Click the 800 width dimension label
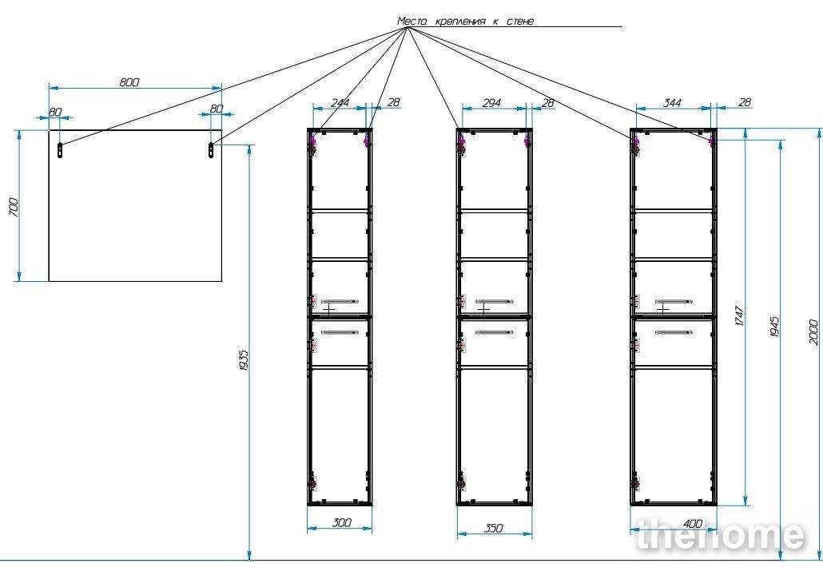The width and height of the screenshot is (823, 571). pos(129,82)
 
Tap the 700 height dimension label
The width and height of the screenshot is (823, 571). pos(14,208)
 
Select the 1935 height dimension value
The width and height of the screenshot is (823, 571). pos(243,360)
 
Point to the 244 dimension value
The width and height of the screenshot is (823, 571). pos(340,102)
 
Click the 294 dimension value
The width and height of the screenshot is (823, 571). pos(491,103)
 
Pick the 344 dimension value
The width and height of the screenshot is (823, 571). pos(672,103)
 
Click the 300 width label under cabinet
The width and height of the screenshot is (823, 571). pos(342,522)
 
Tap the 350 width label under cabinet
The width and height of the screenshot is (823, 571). pos(493,528)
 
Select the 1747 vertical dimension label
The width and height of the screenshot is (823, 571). pos(740,316)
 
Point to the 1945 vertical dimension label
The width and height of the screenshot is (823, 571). pos(775,327)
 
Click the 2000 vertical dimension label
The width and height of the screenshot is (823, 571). pos(813,332)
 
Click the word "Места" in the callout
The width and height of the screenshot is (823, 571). pos(413,21)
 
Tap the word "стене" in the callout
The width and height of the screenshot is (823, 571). pos(520,22)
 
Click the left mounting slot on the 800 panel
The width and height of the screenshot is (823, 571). pos(60,150)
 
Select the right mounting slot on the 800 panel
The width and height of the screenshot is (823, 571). pos(211,150)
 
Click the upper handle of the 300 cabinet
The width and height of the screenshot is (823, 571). pos(339,301)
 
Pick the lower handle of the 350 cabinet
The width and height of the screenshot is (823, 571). pos(495,332)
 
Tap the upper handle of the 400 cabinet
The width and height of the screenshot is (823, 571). pos(674,301)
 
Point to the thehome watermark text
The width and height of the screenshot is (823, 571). pos(720,535)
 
